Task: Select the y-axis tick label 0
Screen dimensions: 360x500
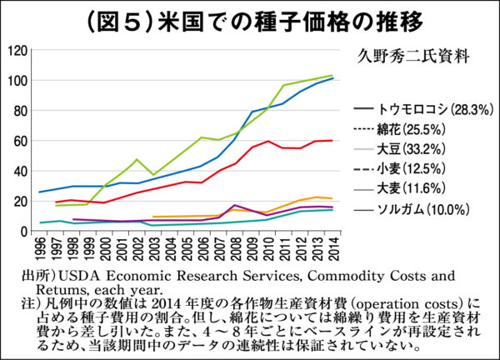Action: click(24, 231)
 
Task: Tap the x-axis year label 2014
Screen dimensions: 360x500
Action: click(333, 247)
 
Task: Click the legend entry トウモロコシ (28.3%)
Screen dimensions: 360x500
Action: click(425, 109)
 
